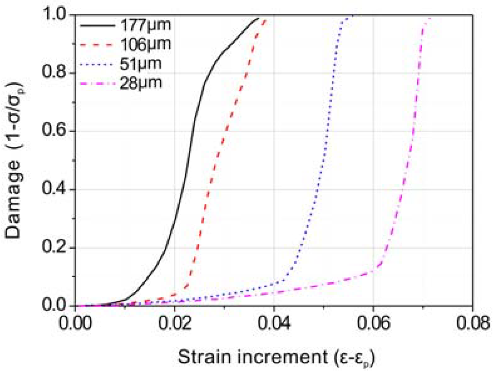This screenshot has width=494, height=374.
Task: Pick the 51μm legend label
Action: point(140,64)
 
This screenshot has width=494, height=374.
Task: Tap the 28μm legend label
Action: point(140,83)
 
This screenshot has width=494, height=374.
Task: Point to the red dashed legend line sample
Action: point(97,45)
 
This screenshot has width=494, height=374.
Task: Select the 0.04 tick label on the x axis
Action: point(274,323)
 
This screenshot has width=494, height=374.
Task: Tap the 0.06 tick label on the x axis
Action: point(373,323)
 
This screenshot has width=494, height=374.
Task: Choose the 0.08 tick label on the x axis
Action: point(472,323)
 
